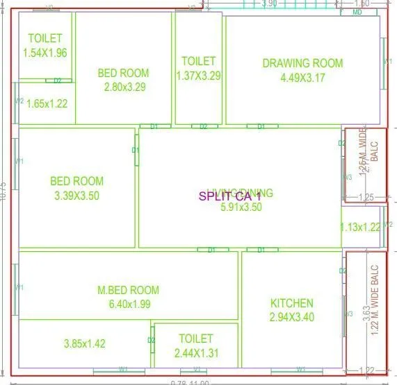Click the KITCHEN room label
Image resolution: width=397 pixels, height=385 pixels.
click(292, 303)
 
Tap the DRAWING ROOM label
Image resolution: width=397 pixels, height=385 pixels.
click(302, 63)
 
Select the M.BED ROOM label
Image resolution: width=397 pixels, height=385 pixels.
click(128, 290)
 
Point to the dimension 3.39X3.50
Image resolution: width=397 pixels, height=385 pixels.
click(76, 196)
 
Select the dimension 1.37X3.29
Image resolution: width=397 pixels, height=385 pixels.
click(199, 76)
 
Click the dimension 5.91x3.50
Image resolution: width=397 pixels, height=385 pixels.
click(241, 207)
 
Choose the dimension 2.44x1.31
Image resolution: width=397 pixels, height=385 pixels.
click(195, 353)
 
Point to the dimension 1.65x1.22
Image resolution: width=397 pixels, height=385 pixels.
click(47, 104)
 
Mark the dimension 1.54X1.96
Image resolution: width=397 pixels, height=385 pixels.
click(45, 53)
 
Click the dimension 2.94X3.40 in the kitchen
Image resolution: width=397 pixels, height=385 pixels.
click(292, 317)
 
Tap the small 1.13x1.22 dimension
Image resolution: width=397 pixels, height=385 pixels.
click(360, 227)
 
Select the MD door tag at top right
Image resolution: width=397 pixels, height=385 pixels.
click(357, 12)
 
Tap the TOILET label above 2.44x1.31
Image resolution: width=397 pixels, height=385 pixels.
click(195, 339)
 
